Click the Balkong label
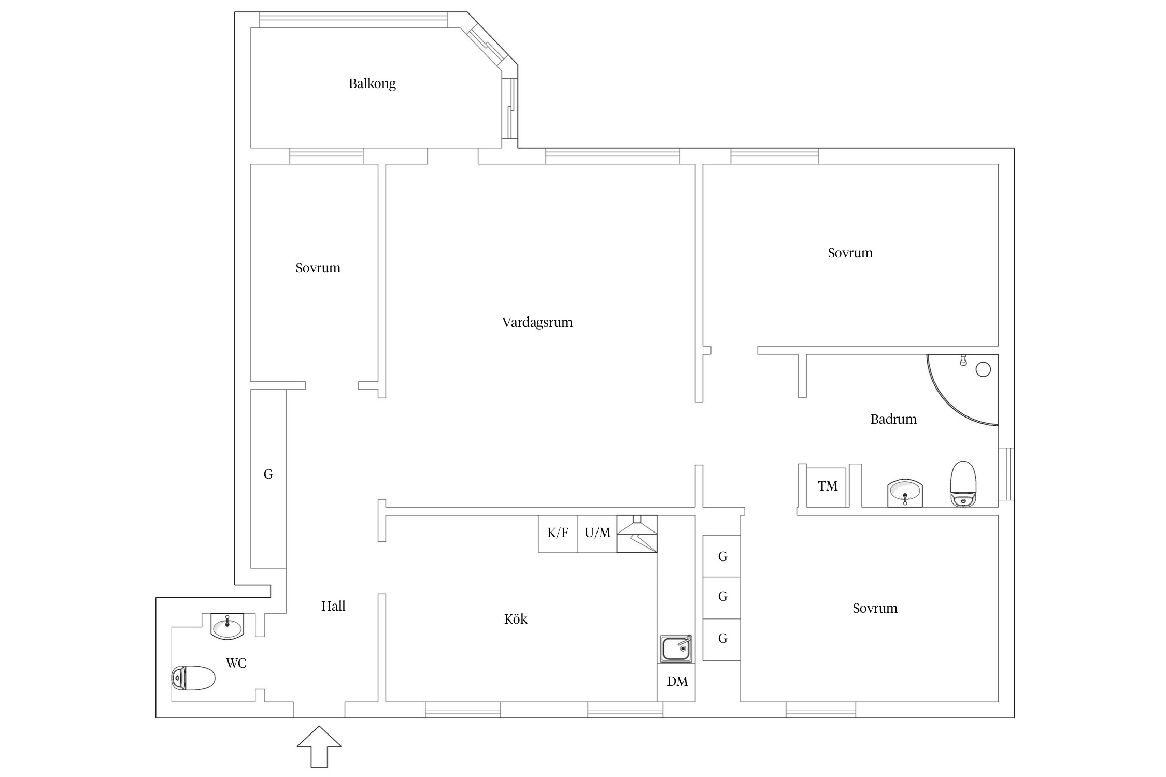pyautogui.click(x=372, y=84)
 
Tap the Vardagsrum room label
pyautogui.click(x=537, y=323)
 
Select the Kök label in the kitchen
pyautogui.click(x=516, y=619)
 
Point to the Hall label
pyautogui.click(x=333, y=606)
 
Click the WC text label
pyautogui.click(x=236, y=663)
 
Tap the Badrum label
pyautogui.click(x=893, y=419)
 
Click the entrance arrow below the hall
pyautogui.click(x=319, y=746)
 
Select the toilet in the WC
pyautogui.click(x=193, y=678)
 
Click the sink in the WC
pyautogui.click(x=227, y=626)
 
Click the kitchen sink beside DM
pyautogui.click(x=676, y=649)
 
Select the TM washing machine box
pyautogui.click(x=827, y=487)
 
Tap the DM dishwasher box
pyautogui.click(x=676, y=682)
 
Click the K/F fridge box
pyautogui.click(x=558, y=534)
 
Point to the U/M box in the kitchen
pyautogui.click(x=598, y=534)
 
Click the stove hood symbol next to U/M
pyautogui.click(x=637, y=534)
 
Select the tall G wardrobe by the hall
pyautogui.click(x=268, y=479)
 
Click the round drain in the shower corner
pyautogui.click(x=983, y=369)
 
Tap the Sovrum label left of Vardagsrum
pyautogui.click(x=318, y=268)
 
